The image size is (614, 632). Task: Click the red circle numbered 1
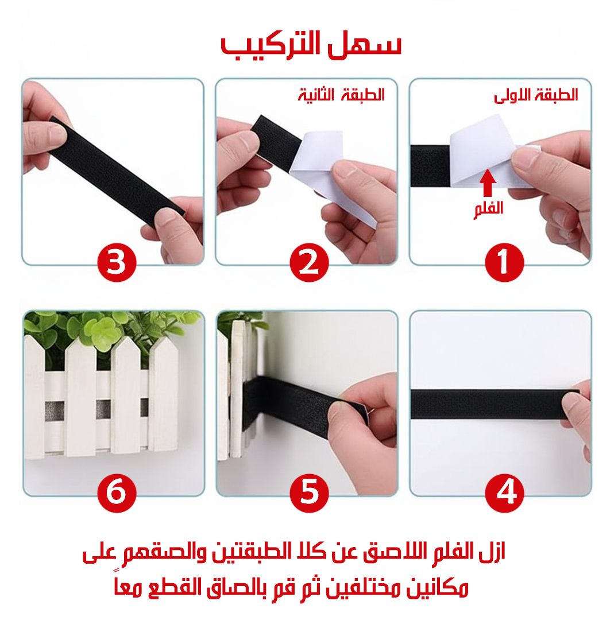[x=504, y=262]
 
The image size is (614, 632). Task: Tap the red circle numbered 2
[x=310, y=262]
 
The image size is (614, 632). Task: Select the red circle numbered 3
[x=117, y=262]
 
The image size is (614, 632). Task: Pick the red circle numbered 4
[x=504, y=493]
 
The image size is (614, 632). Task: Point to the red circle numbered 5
[x=310, y=493]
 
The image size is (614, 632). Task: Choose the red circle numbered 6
[x=117, y=493]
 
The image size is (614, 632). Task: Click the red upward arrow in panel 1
[x=488, y=183]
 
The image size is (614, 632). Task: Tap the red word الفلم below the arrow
[x=489, y=210]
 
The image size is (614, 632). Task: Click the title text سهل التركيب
[x=311, y=45]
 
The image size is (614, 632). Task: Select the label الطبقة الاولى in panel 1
[x=536, y=95]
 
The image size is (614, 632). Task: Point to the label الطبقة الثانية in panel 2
[x=341, y=95]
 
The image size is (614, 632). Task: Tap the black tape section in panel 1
[x=430, y=166]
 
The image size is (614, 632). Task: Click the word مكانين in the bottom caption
[x=437, y=588]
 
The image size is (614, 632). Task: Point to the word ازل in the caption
[x=493, y=552]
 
